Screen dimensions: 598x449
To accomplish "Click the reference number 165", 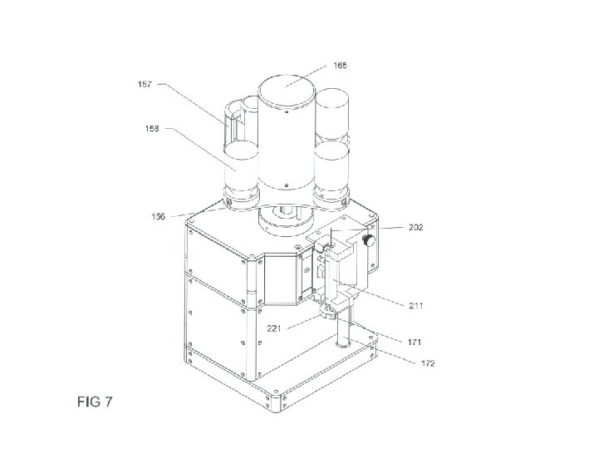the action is tap(341, 66).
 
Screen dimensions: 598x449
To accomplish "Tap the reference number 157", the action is tap(145, 84).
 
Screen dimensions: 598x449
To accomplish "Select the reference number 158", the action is tap(152, 129).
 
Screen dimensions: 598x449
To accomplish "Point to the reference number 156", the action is tap(159, 216).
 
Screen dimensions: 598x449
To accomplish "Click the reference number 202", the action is tap(416, 227).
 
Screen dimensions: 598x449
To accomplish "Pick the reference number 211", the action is tap(416, 305).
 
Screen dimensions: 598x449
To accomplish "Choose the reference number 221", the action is tap(274, 328).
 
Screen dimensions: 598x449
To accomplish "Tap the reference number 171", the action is tap(414, 342).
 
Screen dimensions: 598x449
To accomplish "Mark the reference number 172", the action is tap(428, 363).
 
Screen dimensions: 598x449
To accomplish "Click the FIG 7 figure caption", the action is tap(95, 402).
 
